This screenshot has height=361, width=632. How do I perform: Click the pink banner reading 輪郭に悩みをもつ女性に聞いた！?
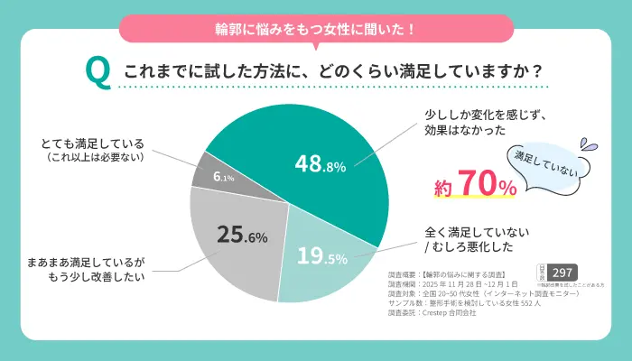click(x=316, y=29)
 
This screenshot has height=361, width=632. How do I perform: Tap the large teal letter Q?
click(x=97, y=70)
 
